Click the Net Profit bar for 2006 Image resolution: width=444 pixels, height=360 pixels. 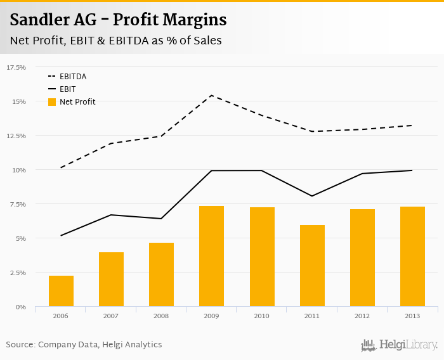(x=61, y=291)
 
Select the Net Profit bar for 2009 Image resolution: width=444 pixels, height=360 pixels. (x=211, y=256)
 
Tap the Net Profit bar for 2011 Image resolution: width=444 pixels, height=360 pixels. (x=311, y=266)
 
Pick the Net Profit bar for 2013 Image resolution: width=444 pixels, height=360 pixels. (x=412, y=257)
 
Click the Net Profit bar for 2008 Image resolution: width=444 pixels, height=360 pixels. (x=161, y=274)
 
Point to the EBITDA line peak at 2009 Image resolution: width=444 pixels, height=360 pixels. (x=211, y=96)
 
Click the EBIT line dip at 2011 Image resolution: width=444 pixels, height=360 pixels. (x=311, y=196)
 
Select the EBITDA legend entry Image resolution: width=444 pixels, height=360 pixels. (x=73, y=77)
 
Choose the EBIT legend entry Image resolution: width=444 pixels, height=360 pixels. (x=68, y=89)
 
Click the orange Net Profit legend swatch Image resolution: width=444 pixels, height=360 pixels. (x=53, y=101)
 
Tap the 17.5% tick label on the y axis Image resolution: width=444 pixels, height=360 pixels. (x=16, y=67)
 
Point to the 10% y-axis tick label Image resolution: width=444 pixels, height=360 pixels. (x=19, y=170)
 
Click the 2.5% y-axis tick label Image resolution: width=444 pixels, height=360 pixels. (x=17, y=273)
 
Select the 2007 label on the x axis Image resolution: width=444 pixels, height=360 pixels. (x=111, y=315)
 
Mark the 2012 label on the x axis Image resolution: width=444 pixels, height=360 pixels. (x=362, y=315)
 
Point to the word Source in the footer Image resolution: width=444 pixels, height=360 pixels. (x=20, y=344)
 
